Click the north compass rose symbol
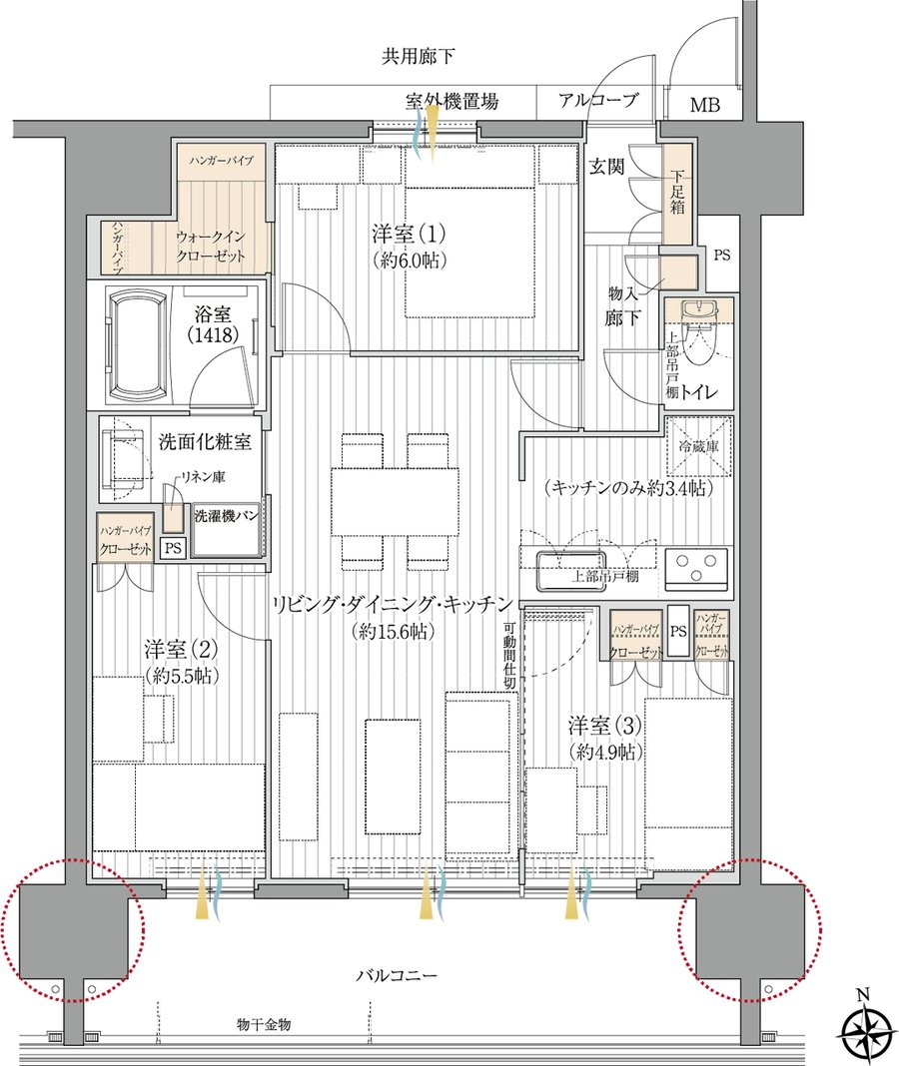point(864,1025)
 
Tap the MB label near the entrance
point(704,106)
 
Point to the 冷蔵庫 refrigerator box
point(699,447)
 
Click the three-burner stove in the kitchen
point(695,567)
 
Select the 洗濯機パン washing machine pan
point(228,531)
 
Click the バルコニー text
point(398,975)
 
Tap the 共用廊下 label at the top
point(418,56)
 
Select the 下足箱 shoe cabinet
point(676,195)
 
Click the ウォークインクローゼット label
point(211,247)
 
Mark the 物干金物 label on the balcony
point(264,1024)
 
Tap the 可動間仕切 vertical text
point(509,656)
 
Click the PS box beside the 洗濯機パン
point(173,548)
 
